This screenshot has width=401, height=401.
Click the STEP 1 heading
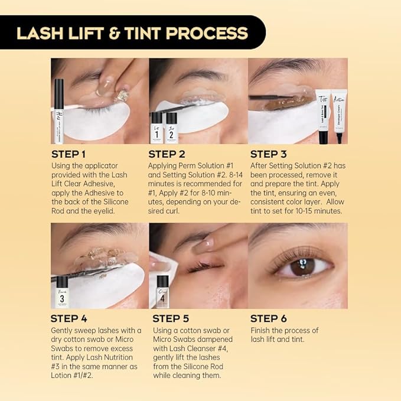click(x=69, y=154)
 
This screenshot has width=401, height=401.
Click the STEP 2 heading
click(x=168, y=154)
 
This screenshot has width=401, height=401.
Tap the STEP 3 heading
click(x=270, y=154)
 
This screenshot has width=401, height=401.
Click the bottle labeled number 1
click(x=157, y=127)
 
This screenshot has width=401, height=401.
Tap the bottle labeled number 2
click(x=171, y=127)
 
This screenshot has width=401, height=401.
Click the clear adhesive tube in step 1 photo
click(x=59, y=112)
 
